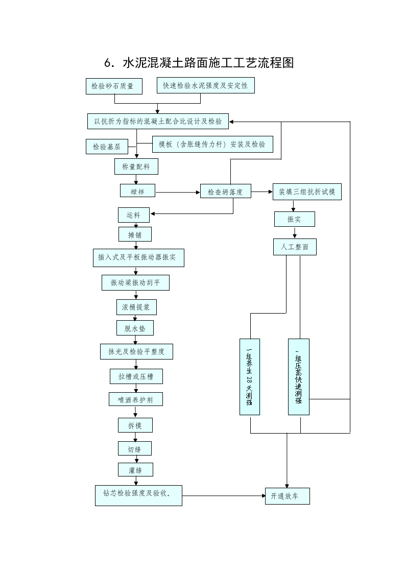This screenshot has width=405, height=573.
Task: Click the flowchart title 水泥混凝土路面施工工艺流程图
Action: click(199, 63)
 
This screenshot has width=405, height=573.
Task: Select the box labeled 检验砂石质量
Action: click(113, 86)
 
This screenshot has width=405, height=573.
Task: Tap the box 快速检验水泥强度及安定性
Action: click(205, 86)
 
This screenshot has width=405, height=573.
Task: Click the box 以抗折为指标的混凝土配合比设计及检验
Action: click(158, 122)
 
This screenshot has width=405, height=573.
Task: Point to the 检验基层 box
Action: click(107, 147)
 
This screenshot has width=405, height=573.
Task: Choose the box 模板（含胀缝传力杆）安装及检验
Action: click(212, 145)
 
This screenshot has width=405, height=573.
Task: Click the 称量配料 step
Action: click(136, 166)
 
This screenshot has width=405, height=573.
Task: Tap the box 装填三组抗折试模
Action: click(306, 192)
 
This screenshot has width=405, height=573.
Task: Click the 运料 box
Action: click(134, 215)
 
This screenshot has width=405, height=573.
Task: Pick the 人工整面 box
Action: click(295, 247)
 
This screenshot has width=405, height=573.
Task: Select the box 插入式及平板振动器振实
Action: click(138, 258)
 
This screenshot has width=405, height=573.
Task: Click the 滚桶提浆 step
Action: click(136, 307)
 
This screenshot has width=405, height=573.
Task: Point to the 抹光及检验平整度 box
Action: click(136, 351)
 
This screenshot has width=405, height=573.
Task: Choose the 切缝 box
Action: click(135, 449)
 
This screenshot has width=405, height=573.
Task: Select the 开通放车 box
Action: click(287, 496)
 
